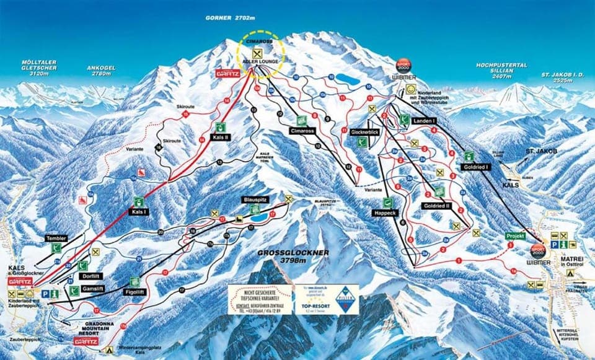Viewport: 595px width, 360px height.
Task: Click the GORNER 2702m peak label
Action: [x=231, y=19]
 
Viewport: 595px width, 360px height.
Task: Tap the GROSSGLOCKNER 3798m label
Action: [x=293, y=256]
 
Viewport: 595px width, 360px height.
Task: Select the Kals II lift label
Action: [x=221, y=137]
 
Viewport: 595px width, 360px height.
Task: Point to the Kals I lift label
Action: [x=138, y=212]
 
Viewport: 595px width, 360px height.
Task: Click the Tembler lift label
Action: [x=55, y=239]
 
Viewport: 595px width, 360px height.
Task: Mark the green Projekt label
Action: [x=515, y=236]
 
